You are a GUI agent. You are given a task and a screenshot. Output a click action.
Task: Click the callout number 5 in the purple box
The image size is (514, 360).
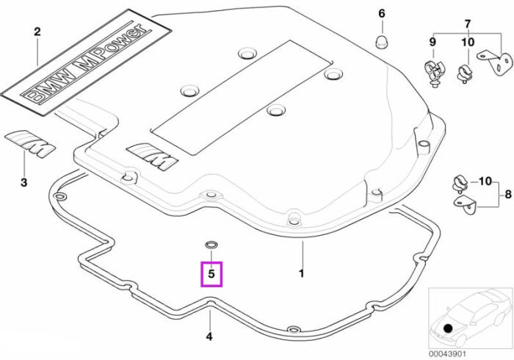point(211,273)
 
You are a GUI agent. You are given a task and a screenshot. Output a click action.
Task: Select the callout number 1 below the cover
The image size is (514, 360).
point(302,273)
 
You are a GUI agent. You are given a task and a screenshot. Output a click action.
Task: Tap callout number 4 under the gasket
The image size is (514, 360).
point(209,336)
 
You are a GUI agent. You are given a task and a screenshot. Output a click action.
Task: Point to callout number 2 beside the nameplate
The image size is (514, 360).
point(37,32)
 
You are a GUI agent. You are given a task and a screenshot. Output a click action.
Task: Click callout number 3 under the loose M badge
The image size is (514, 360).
point(24,182)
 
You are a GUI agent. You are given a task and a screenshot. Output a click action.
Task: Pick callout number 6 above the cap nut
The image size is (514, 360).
point(382,14)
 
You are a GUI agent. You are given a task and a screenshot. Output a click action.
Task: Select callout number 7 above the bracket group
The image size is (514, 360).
point(468,24)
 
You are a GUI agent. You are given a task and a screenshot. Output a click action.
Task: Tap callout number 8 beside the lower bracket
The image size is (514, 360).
point(508,195)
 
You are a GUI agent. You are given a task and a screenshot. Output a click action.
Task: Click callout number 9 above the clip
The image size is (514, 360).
point(432,42)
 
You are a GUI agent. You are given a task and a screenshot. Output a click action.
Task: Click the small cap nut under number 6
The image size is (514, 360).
point(381,42)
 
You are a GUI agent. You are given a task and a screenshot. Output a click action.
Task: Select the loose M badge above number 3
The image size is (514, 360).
point(30,143)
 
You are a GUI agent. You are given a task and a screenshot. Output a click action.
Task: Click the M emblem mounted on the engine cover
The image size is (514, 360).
point(153,156)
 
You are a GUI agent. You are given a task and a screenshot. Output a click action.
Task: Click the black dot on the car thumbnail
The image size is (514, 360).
point(447,328)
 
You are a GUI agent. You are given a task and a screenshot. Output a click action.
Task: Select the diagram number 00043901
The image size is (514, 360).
point(447,354)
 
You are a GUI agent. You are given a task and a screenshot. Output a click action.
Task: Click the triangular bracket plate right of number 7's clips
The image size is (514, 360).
point(495,62)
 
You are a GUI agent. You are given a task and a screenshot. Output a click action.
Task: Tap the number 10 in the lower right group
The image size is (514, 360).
point(485,181)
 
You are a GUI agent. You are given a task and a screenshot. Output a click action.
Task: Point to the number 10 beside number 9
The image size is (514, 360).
point(468,42)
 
